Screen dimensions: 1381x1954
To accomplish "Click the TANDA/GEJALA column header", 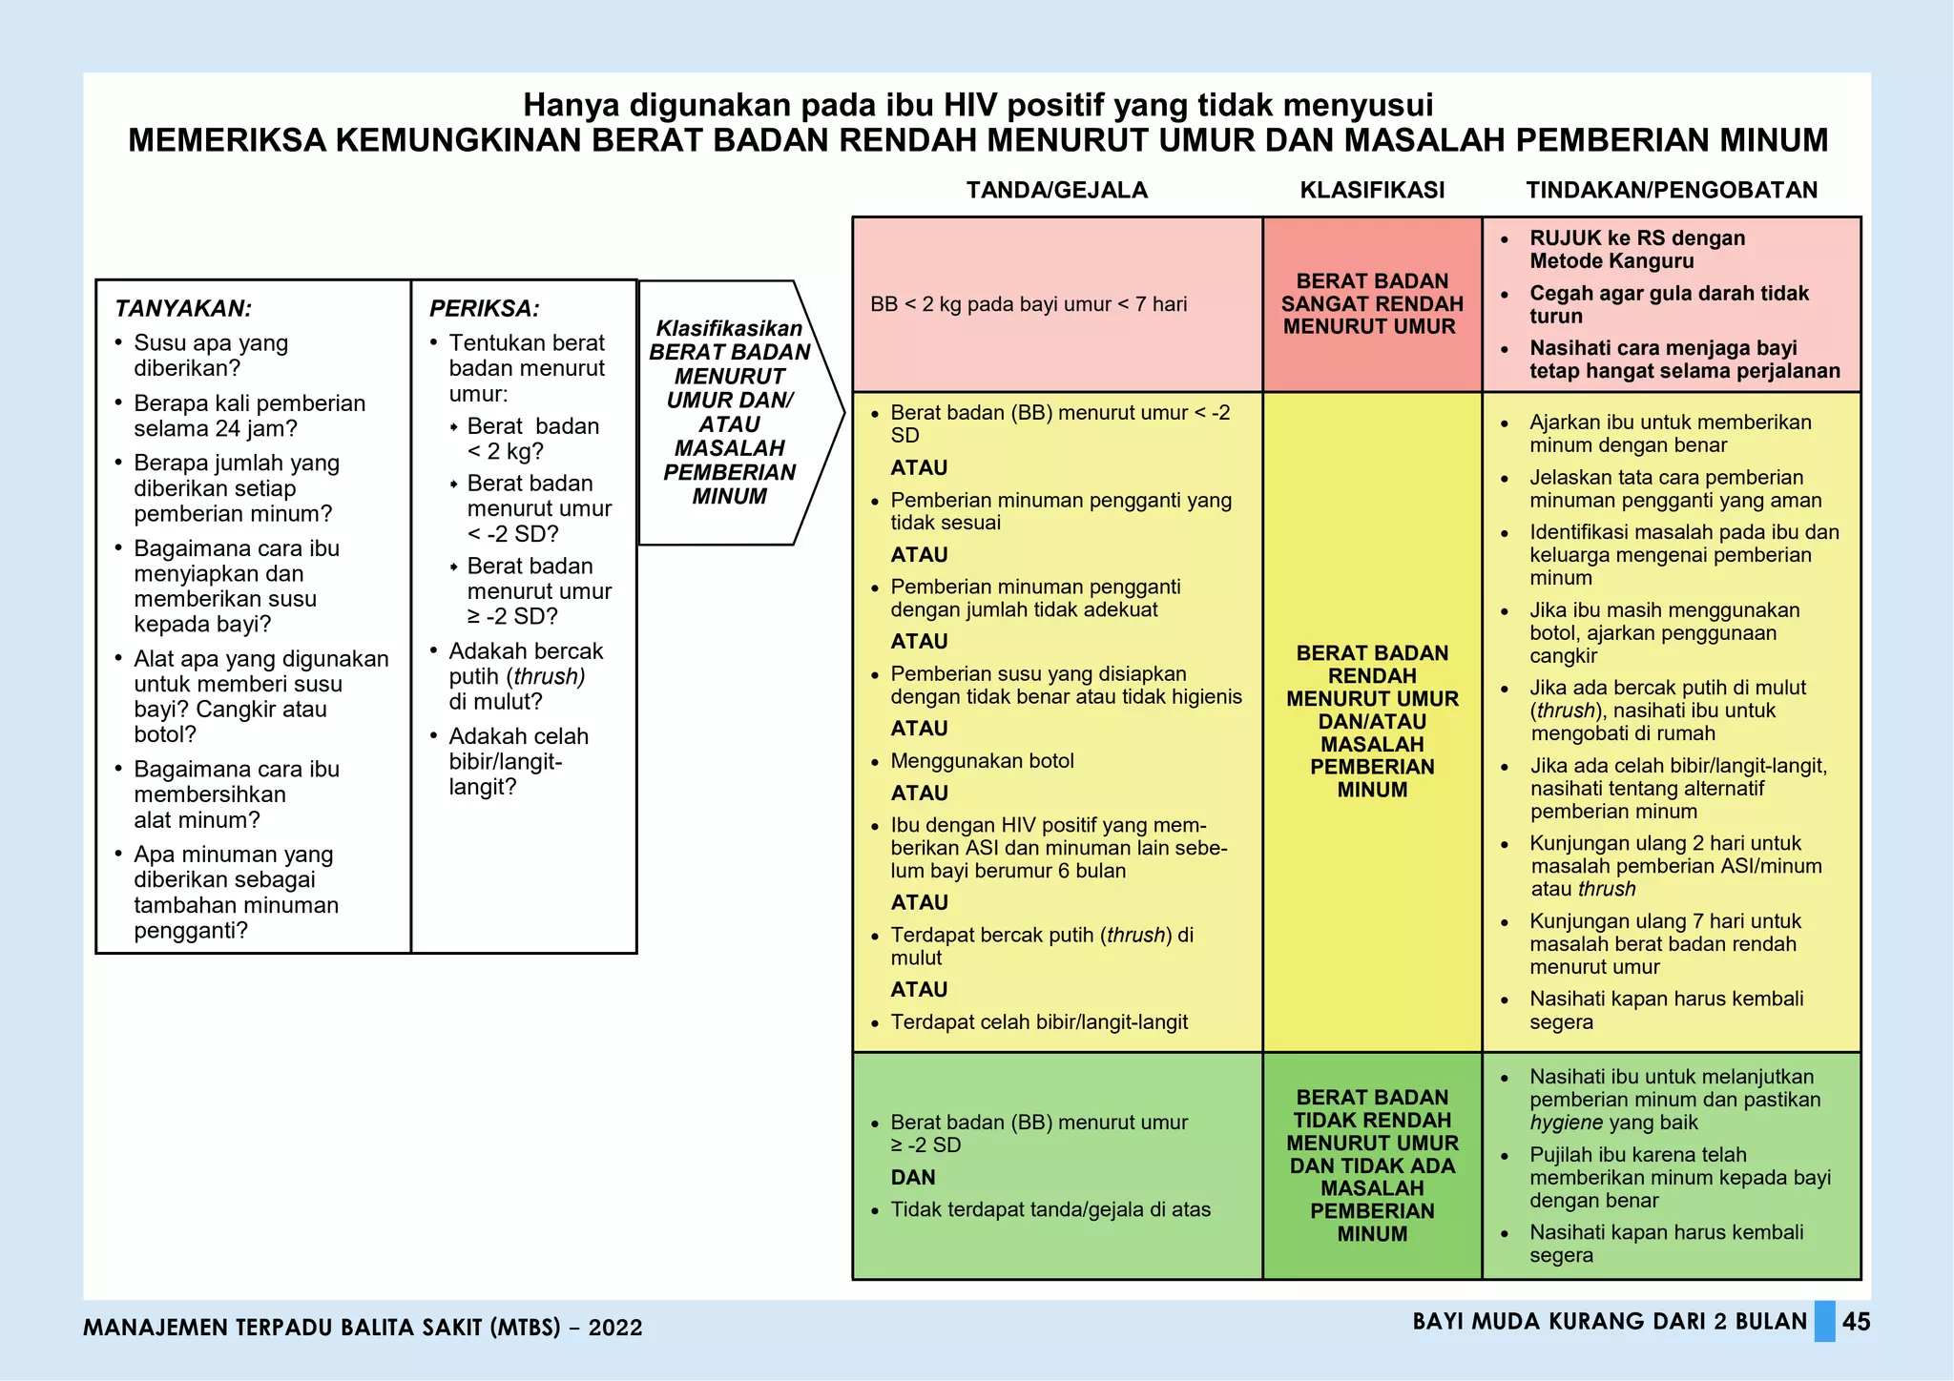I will tap(1056, 190).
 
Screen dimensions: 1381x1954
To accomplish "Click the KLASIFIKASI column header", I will tap(1372, 190).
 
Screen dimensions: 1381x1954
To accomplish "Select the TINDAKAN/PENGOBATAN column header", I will tap(1672, 190).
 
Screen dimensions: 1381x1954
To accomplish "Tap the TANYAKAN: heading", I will tap(183, 308).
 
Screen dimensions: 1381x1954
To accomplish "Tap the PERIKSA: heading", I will tap(485, 308).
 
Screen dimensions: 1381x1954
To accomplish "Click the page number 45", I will tap(1856, 1322).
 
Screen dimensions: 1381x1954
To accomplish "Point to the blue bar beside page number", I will tap(1824, 1322).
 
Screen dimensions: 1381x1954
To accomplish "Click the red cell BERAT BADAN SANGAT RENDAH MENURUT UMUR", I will tap(1372, 304).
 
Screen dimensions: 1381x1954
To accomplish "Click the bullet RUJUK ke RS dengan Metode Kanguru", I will tap(1637, 250).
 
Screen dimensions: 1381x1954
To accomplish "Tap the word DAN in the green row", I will tap(913, 1178).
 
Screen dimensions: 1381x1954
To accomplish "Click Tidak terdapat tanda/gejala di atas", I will tap(1050, 1209).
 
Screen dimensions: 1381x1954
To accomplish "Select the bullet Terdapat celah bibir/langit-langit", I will tap(1039, 1022).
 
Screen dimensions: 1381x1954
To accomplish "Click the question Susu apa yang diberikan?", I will tap(211, 355).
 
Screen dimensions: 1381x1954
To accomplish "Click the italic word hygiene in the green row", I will tap(1567, 1123).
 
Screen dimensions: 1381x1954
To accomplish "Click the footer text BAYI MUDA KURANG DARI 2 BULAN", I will tap(1610, 1322).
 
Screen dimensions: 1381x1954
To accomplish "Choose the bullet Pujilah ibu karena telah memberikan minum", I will tap(1679, 1178).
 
